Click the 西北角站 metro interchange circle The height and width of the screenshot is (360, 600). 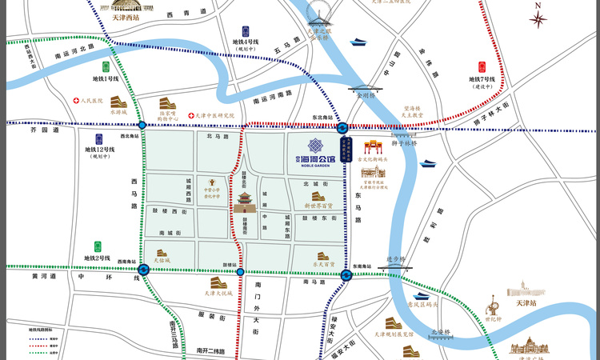click(x=142, y=126)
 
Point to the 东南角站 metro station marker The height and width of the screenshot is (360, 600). click(x=346, y=276)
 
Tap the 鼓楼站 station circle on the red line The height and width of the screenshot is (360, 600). click(x=240, y=274)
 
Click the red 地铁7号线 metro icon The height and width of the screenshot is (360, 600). click(x=482, y=68)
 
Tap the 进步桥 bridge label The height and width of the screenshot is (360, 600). click(x=397, y=258)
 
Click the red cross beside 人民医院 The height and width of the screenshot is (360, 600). click(x=76, y=102)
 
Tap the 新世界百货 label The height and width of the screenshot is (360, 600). click(x=318, y=205)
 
